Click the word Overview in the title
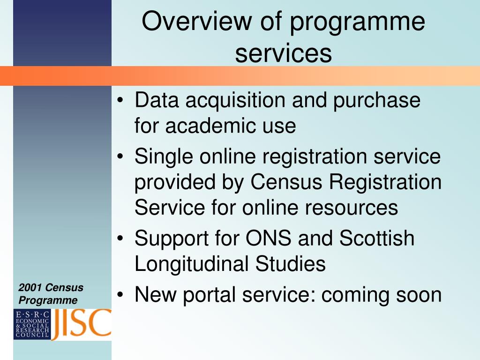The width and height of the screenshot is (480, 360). (196, 21)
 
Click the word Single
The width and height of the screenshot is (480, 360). (164, 157)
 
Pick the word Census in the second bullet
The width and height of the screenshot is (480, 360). (286, 182)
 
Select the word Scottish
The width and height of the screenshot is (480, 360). (377, 238)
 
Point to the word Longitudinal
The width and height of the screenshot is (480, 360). (192, 264)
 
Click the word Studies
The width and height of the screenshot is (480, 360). (290, 263)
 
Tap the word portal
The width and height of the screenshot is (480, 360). (210, 295)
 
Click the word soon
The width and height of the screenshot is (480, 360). (419, 295)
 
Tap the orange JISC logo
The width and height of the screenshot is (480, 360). (81, 324)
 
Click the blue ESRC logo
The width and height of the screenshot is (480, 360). (32, 324)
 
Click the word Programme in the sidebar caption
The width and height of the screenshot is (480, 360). (48, 300)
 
